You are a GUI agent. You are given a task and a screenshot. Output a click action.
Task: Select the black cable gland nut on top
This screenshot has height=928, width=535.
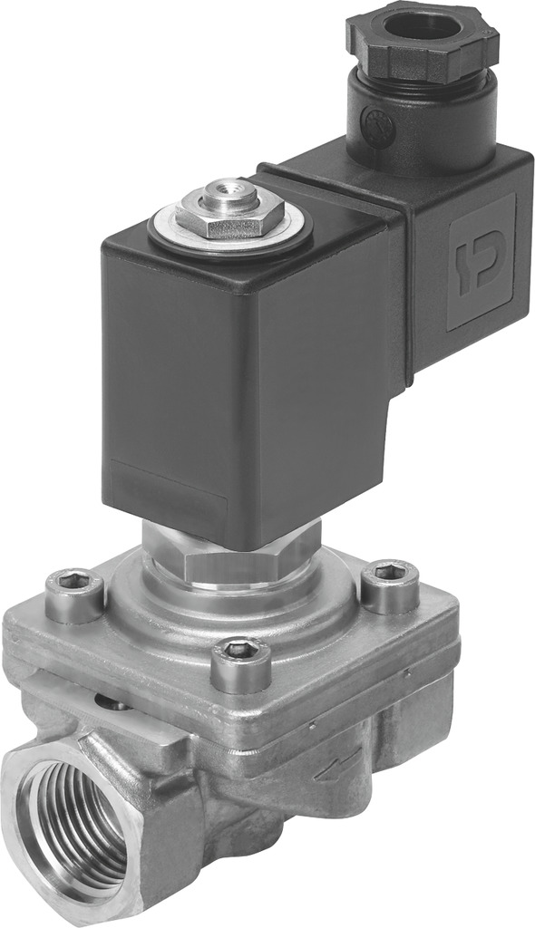pos(423,41)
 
